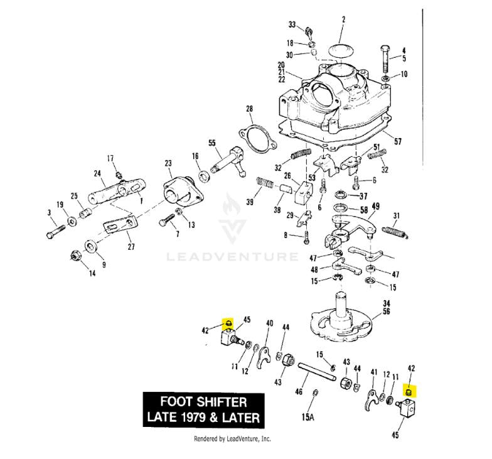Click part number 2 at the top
(343, 20)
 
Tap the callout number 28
(249, 109)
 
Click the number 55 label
(211, 143)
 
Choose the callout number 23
(168, 163)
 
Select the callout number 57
(397, 143)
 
